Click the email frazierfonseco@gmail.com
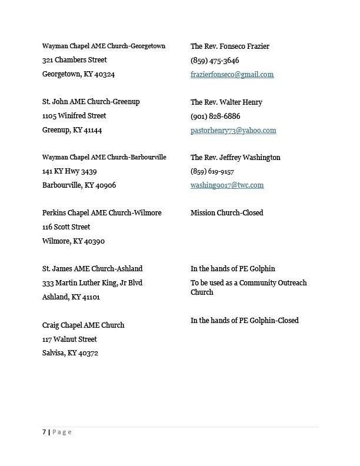[x=232, y=75]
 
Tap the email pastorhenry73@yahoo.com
[x=233, y=131]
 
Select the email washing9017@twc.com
[x=227, y=185]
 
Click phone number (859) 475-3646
[x=215, y=61]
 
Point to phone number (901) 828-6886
[x=215, y=116]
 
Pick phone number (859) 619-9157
[x=212, y=172]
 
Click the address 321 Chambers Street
[x=75, y=60]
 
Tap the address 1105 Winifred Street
[x=74, y=116]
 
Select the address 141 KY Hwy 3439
[x=69, y=171]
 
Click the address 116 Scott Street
[x=66, y=227]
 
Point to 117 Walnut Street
[x=69, y=339]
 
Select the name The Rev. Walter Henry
[x=226, y=102]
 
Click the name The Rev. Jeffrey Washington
[x=235, y=158]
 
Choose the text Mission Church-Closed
[x=226, y=213]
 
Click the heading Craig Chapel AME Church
[x=83, y=325]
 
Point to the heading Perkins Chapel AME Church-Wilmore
[x=102, y=213]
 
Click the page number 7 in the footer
[x=44, y=432]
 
